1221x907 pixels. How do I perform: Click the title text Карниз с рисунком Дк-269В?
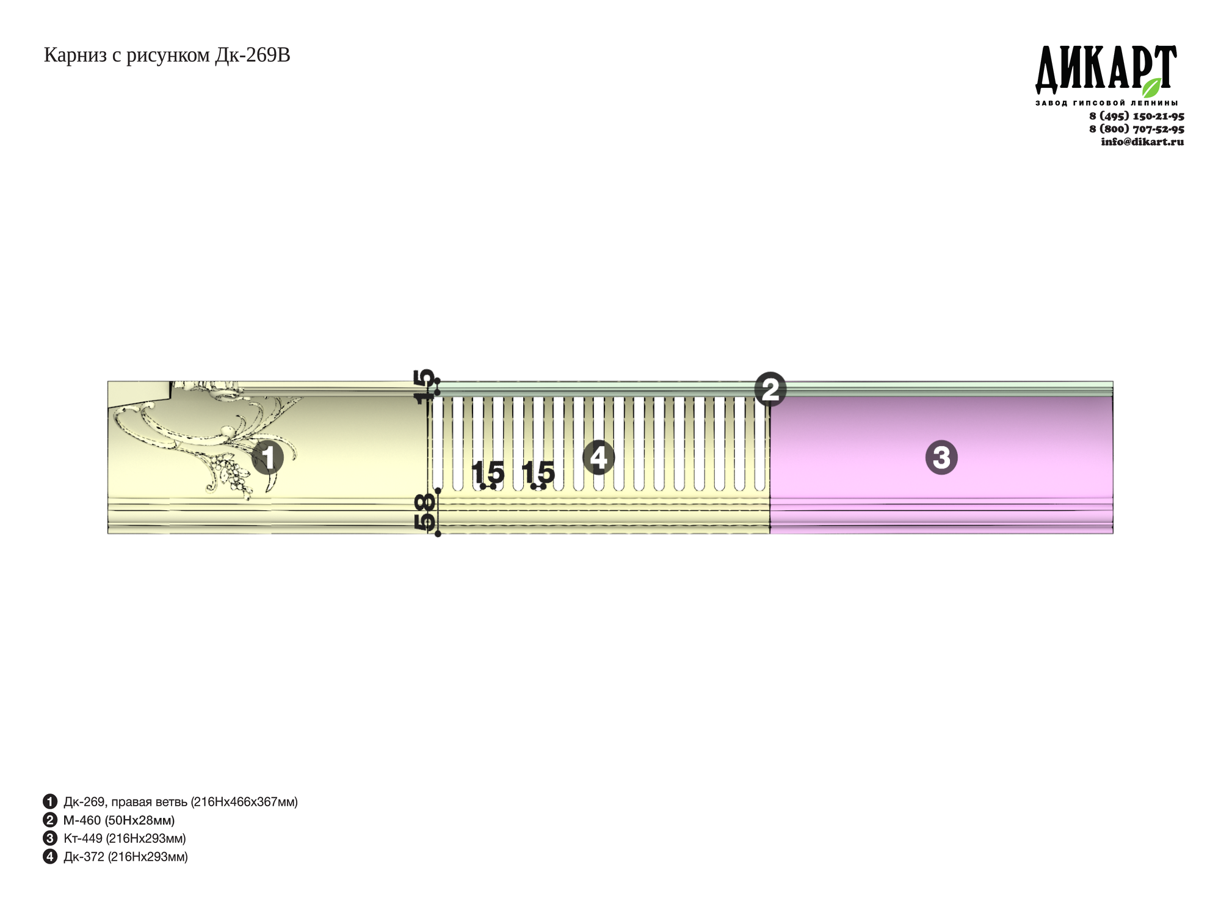167,56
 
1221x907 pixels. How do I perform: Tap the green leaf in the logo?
1151,87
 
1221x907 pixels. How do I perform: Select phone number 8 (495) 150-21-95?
1137,116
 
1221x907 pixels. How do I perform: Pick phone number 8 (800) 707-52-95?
1137,129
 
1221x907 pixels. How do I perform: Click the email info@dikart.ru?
1142,142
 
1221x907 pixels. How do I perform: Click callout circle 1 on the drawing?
267,458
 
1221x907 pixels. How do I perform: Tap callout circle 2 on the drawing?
770,389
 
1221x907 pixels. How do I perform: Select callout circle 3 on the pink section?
941,457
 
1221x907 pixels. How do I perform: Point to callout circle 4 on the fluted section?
598,457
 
